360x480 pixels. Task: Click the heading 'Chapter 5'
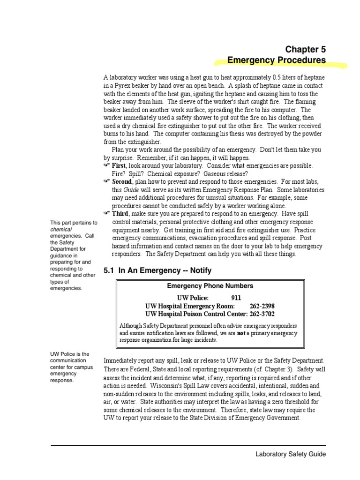tap(305, 49)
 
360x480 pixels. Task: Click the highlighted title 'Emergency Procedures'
tap(276, 60)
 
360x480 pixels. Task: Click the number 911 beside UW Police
tap(237, 298)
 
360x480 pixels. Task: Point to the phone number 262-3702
tap(262, 314)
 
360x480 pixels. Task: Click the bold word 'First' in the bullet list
tap(119, 166)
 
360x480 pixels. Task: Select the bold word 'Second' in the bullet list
tap(122, 182)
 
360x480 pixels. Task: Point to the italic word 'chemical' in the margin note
tap(61, 230)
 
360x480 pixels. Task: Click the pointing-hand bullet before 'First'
tap(106, 166)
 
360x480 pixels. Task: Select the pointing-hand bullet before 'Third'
tap(106, 214)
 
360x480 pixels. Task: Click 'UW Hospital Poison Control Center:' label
tap(196, 314)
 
